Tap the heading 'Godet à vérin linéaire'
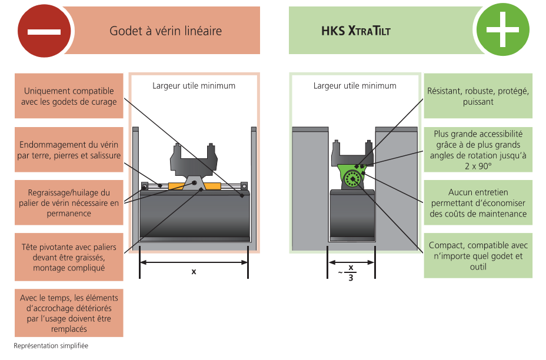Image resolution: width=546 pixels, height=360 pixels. pyautogui.click(x=166, y=31)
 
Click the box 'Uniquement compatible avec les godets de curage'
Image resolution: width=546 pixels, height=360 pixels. pyautogui.click(x=69, y=96)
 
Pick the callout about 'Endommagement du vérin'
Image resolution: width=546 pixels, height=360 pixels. pyautogui.click(x=69, y=150)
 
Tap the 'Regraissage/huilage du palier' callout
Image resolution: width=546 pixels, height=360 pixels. pyautogui.click(x=69, y=202)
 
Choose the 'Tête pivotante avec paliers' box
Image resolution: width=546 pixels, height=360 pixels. pyautogui.click(x=69, y=257)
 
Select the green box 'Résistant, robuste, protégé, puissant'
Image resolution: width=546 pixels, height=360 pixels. pyautogui.click(x=478, y=96)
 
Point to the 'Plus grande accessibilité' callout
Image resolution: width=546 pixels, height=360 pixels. pyautogui.click(x=478, y=149)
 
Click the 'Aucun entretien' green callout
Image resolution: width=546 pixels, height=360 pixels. pyautogui.click(x=478, y=203)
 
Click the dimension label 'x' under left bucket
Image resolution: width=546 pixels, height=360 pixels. pyautogui.click(x=194, y=272)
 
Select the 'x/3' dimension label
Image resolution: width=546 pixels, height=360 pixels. pyautogui.click(x=351, y=272)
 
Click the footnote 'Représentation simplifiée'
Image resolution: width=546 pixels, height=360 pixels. pyautogui.click(x=51, y=346)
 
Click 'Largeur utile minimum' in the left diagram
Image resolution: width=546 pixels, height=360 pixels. pyautogui.click(x=194, y=86)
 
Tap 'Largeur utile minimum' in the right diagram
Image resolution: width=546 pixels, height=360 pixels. pyautogui.click(x=355, y=86)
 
